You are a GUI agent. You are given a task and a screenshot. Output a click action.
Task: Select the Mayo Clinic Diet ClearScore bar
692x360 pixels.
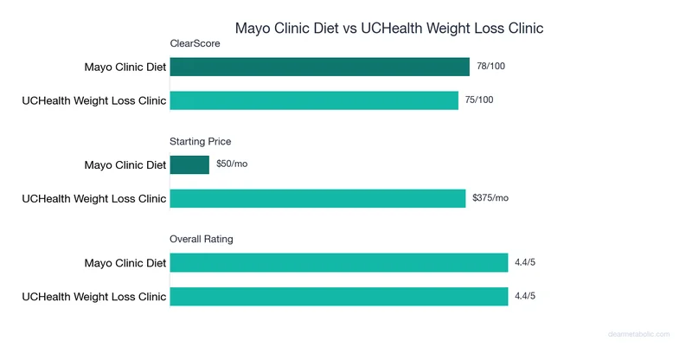point(319,67)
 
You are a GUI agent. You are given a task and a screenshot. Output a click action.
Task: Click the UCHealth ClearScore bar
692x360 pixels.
point(314,100)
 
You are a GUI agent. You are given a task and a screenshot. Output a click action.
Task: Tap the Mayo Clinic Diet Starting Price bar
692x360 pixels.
point(189,164)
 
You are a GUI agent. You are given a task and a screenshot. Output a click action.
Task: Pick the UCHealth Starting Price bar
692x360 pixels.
point(317,198)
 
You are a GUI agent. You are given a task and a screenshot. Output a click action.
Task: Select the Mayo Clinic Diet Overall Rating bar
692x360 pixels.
point(338,262)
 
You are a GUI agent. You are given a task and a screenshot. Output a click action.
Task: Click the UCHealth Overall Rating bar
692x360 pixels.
point(338,296)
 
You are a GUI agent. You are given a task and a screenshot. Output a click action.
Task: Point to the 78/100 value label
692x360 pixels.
point(490,67)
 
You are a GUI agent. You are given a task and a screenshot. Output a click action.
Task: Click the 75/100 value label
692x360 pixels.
point(480,100)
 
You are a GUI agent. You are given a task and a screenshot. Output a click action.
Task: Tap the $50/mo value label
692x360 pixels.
point(232,164)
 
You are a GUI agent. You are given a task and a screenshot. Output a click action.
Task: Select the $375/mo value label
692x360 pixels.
point(490,198)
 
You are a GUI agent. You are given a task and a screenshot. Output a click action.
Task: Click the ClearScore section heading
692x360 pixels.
point(195,43)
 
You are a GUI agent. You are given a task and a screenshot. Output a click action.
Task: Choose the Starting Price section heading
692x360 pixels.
point(201,141)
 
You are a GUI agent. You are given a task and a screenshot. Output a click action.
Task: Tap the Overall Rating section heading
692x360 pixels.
point(202,239)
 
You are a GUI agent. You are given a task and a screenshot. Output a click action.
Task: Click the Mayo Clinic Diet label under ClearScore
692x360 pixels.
point(125,67)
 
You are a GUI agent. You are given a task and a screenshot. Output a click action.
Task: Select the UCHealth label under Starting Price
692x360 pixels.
point(93,198)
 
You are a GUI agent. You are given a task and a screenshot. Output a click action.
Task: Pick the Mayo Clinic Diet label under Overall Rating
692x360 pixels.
point(125,262)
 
